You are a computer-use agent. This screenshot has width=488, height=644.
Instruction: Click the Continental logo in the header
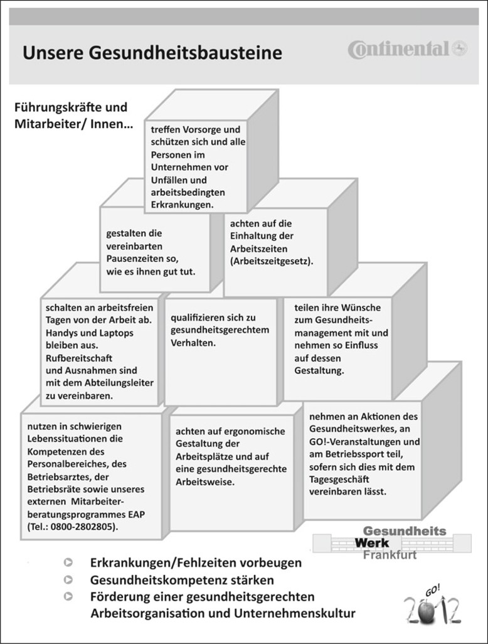coord(408,49)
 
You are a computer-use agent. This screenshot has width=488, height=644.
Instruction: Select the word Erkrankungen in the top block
coord(182,205)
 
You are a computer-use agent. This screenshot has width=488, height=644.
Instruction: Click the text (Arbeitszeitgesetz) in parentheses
coord(272,260)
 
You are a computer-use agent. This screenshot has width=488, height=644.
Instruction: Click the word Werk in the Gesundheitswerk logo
coord(372,542)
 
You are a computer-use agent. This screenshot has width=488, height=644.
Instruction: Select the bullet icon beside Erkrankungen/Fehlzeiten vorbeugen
coord(68,562)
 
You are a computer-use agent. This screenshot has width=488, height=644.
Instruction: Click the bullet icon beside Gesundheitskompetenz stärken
coord(68,580)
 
